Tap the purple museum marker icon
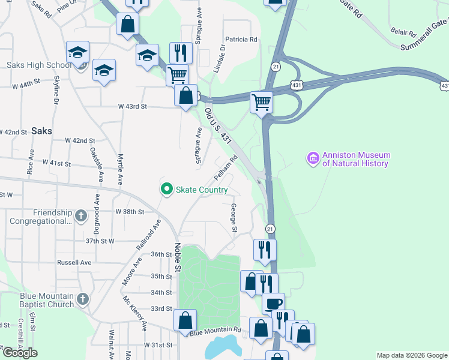[x=313, y=159]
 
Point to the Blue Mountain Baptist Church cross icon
[x=83, y=298]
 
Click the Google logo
[x=19, y=353]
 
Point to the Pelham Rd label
[x=225, y=169]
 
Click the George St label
[x=234, y=218]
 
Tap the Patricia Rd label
[x=242, y=40]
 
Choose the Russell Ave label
[x=74, y=262]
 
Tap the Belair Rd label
[x=403, y=32]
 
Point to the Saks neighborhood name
[x=41, y=130]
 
